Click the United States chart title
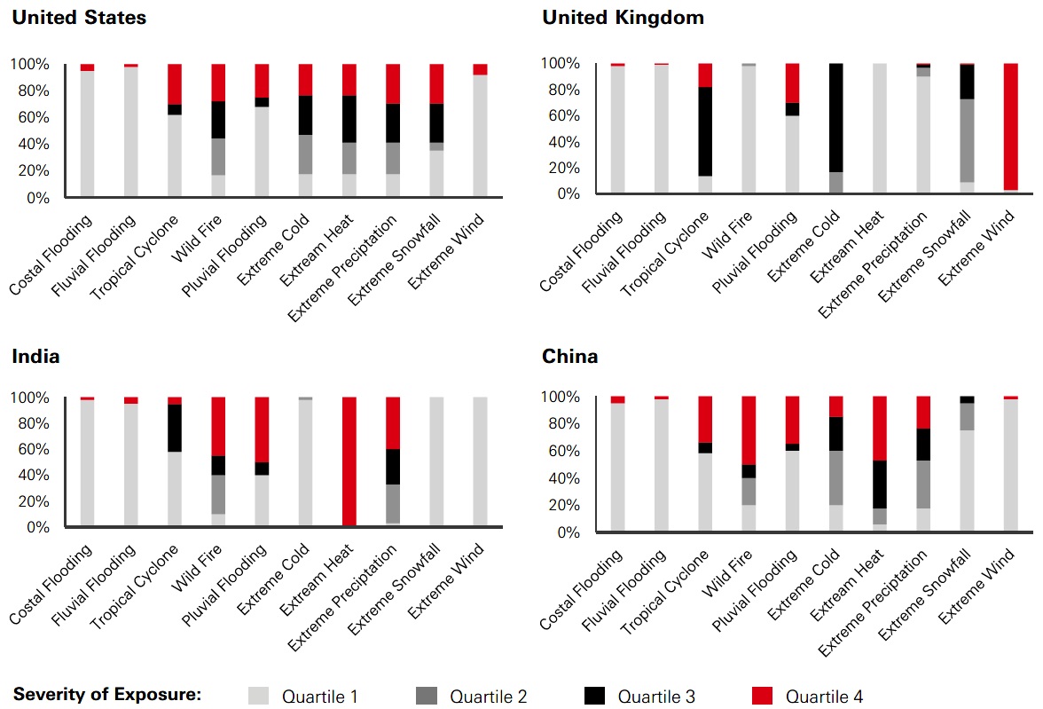coord(79,18)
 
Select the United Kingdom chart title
coord(623,18)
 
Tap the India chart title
coord(35,357)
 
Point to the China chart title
coord(569,357)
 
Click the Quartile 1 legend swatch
coord(258,696)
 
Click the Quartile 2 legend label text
coord(488,697)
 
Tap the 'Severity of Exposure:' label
coord(107,694)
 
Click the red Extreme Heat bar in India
coord(349,461)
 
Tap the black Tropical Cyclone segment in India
coord(175,428)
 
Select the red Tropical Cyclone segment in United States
coord(175,83)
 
